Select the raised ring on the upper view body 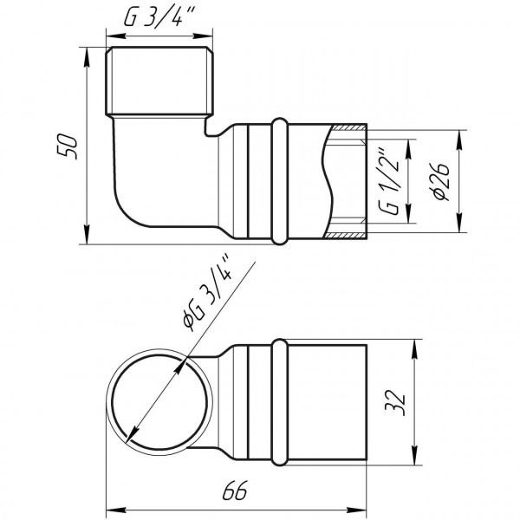pos(279,180)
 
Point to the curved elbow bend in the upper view pos(130,208)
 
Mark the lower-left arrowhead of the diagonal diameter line pos(131,435)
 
